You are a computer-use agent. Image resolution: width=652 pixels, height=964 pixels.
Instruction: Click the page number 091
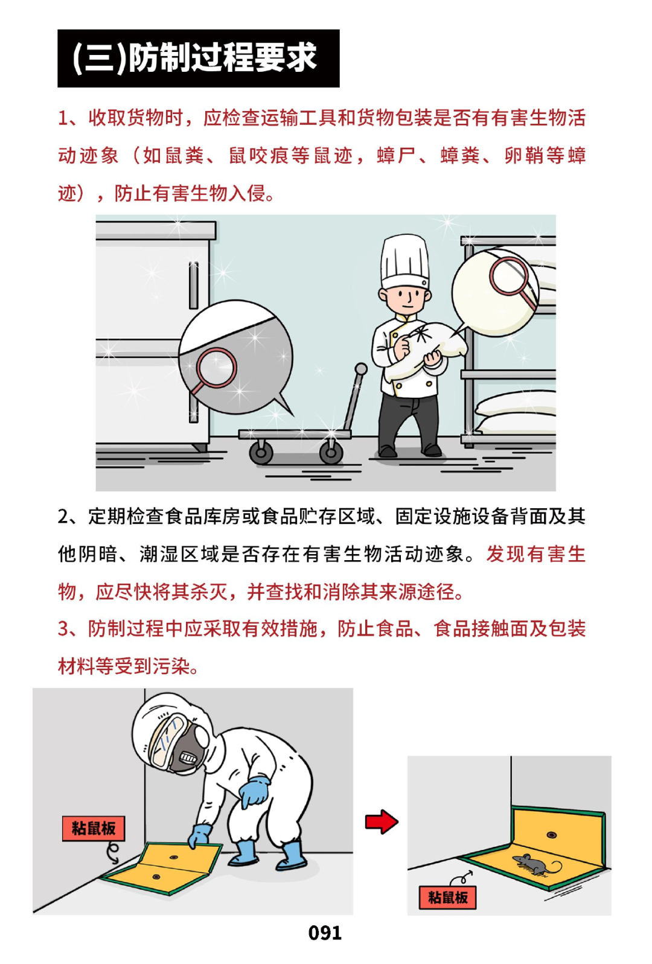point(325,933)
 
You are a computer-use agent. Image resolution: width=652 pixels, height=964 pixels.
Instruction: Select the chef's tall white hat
point(404,261)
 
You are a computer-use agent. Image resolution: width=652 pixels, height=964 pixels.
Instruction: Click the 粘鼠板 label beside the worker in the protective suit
point(94,828)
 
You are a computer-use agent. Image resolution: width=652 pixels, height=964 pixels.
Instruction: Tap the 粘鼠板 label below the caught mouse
point(447,897)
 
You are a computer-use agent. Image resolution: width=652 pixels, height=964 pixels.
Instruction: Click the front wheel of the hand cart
point(261,452)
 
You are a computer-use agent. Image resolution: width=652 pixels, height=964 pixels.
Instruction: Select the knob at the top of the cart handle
point(360,369)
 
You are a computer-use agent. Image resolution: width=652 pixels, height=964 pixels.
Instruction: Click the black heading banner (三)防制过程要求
point(199,59)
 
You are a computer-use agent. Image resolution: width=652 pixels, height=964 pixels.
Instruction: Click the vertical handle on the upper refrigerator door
point(194,286)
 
